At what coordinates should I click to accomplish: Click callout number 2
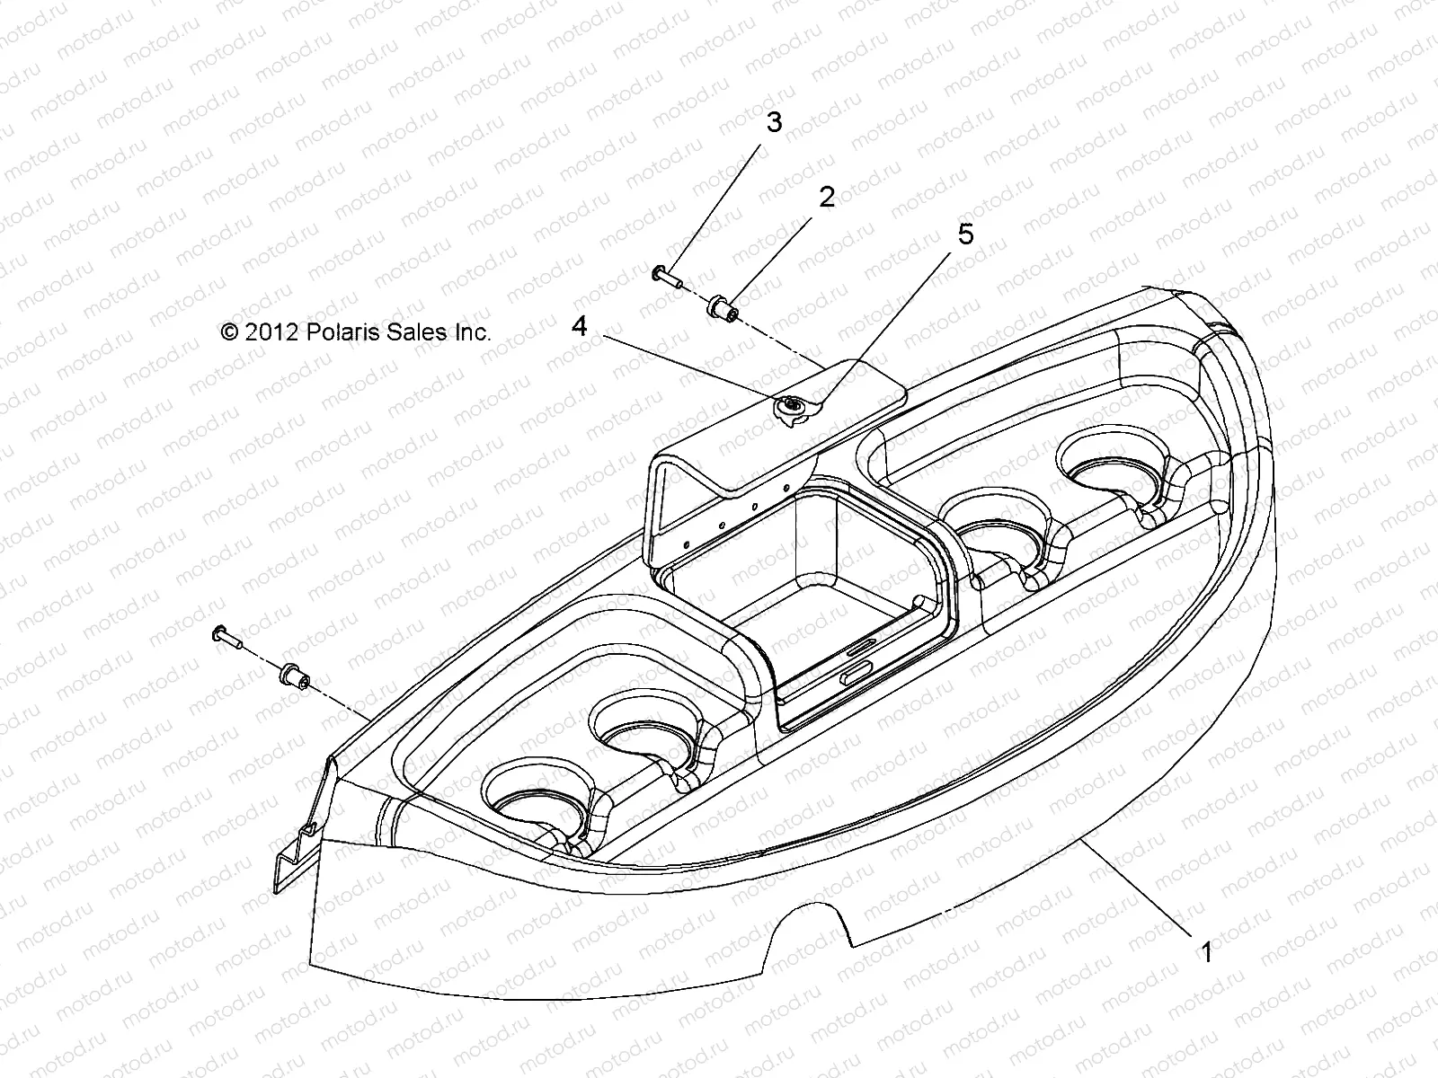click(x=826, y=197)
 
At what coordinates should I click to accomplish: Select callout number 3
click(x=773, y=123)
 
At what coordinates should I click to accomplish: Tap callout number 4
click(x=580, y=326)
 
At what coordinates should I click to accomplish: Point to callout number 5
click(x=965, y=234)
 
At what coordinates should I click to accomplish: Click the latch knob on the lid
click(x=791, y=410)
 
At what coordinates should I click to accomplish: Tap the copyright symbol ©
click(x=229, y=332)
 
